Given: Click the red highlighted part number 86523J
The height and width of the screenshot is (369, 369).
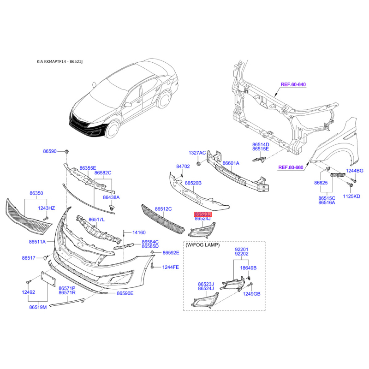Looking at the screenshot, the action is [x=203, y=214].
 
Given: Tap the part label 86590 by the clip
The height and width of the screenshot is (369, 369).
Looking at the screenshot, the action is [x=50, y=151].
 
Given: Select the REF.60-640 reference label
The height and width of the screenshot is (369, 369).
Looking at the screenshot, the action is [x=293, y=84].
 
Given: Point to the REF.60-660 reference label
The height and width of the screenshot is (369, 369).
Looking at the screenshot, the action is [x=291, y=167].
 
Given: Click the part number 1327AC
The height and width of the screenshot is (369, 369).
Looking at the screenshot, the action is [x=197, y=153].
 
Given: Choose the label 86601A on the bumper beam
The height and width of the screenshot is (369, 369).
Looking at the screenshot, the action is [x=231, y=163].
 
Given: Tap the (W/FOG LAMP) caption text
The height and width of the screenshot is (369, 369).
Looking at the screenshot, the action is [x=202, y=245].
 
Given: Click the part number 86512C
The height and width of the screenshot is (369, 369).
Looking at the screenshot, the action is [x=163, y=209].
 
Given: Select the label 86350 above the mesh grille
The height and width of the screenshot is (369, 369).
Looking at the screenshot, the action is [x=36, y=193].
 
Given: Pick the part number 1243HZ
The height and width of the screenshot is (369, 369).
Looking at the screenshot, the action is [x=47, y=208].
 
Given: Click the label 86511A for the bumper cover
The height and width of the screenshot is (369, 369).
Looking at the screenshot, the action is [x=37, y=242].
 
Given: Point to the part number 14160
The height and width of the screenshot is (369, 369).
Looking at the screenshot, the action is [x=139, y=232].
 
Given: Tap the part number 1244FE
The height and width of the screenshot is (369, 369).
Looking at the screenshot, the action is [x=171, y=267].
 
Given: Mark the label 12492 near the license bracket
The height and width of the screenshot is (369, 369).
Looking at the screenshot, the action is [x=29, y=292].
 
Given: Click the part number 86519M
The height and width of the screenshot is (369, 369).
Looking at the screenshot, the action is [x=38, y=307].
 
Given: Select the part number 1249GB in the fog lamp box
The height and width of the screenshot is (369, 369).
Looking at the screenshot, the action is [x=251, y=294].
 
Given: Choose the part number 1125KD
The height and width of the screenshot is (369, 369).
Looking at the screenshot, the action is [x=351, y=196].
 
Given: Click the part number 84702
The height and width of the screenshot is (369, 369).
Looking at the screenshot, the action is [x=183, y=167].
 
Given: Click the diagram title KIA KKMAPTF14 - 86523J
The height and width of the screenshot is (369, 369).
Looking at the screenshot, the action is [x=60, y=62].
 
